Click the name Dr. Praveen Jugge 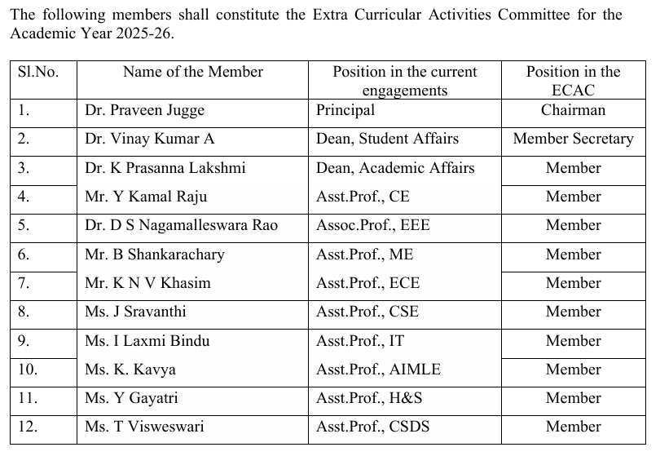tap(144, 110)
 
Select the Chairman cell tap(573, 110)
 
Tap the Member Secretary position tap(573, 139)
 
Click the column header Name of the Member tap(193, 72)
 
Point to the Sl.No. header tap(38, 72)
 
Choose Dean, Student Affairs tap(387, 139)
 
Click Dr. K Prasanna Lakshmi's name tap(165, 168)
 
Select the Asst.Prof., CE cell tap(363, 197)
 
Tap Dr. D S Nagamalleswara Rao tap(181, 225)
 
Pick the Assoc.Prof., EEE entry tap(372, 225)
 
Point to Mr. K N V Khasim tap(147, 283)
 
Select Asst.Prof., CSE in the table tap(367, 312)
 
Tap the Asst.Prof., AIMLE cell tap(378, 370)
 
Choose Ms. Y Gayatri tap(131, 398)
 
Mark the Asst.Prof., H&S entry tap(369, 398)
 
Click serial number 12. tap(28, 427)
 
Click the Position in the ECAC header tap(573, 81)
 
